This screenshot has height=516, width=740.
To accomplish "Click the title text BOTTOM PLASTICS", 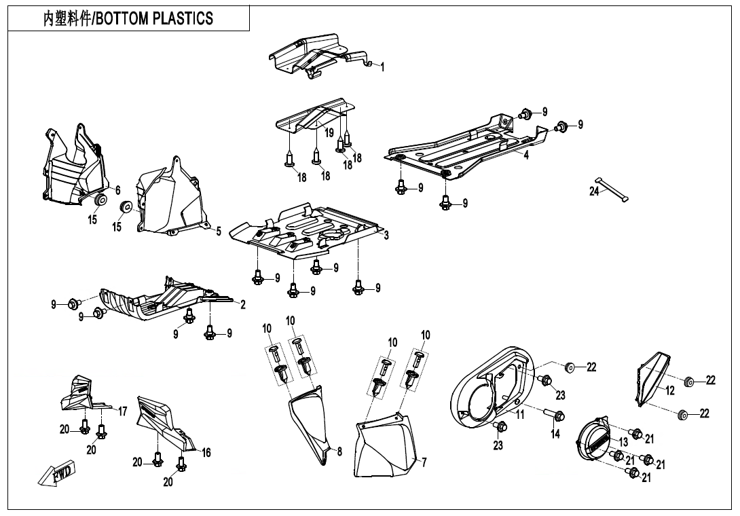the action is tap(154, 18).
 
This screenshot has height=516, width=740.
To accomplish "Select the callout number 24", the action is tap(594, 191).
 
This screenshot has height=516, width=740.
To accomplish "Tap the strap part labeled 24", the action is tap(612, 189).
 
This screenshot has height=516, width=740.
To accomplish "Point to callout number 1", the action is tap(382, 67).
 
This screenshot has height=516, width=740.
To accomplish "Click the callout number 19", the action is tap(329, 132).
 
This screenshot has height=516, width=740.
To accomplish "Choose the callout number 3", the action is tap(386, 235).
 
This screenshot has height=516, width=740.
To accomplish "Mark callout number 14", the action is tap(555, 433).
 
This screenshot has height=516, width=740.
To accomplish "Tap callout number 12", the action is tap(669, 390).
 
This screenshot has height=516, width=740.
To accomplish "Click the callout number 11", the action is tap(519, 415).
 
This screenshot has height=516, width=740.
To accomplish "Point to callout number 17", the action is tap(123, 411).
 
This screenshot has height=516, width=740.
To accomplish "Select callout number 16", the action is tap(206, 452).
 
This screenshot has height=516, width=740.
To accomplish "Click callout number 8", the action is tap(339, 451).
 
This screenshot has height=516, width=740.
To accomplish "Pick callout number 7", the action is tap(424, 462).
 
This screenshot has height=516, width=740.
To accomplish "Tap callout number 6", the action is tap(117, 190).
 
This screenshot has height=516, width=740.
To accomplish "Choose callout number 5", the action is tap(219, 232).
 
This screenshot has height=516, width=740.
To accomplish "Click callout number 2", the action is tap(243, 305).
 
